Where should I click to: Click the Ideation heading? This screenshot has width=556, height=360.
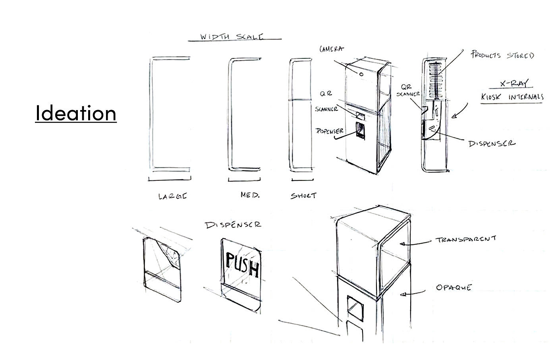coord(75,113)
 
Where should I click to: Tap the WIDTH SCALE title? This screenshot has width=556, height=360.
coord(232,37)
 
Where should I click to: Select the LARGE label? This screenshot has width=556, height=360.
coord(172,196)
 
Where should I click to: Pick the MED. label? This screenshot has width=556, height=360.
coord(250,195)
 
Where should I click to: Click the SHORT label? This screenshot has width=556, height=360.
coord(304,195)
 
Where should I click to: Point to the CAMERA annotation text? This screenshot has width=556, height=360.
coord(332,49)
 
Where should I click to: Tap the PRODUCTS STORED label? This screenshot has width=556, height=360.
coord(502,55)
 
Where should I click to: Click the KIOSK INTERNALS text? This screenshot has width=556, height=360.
coord(512,97)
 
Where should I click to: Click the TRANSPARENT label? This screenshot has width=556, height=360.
coord(466,240)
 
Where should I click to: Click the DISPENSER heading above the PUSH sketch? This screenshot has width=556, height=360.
coord(233,225)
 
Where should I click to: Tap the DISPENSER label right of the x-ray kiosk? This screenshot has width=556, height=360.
coord(492,143)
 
